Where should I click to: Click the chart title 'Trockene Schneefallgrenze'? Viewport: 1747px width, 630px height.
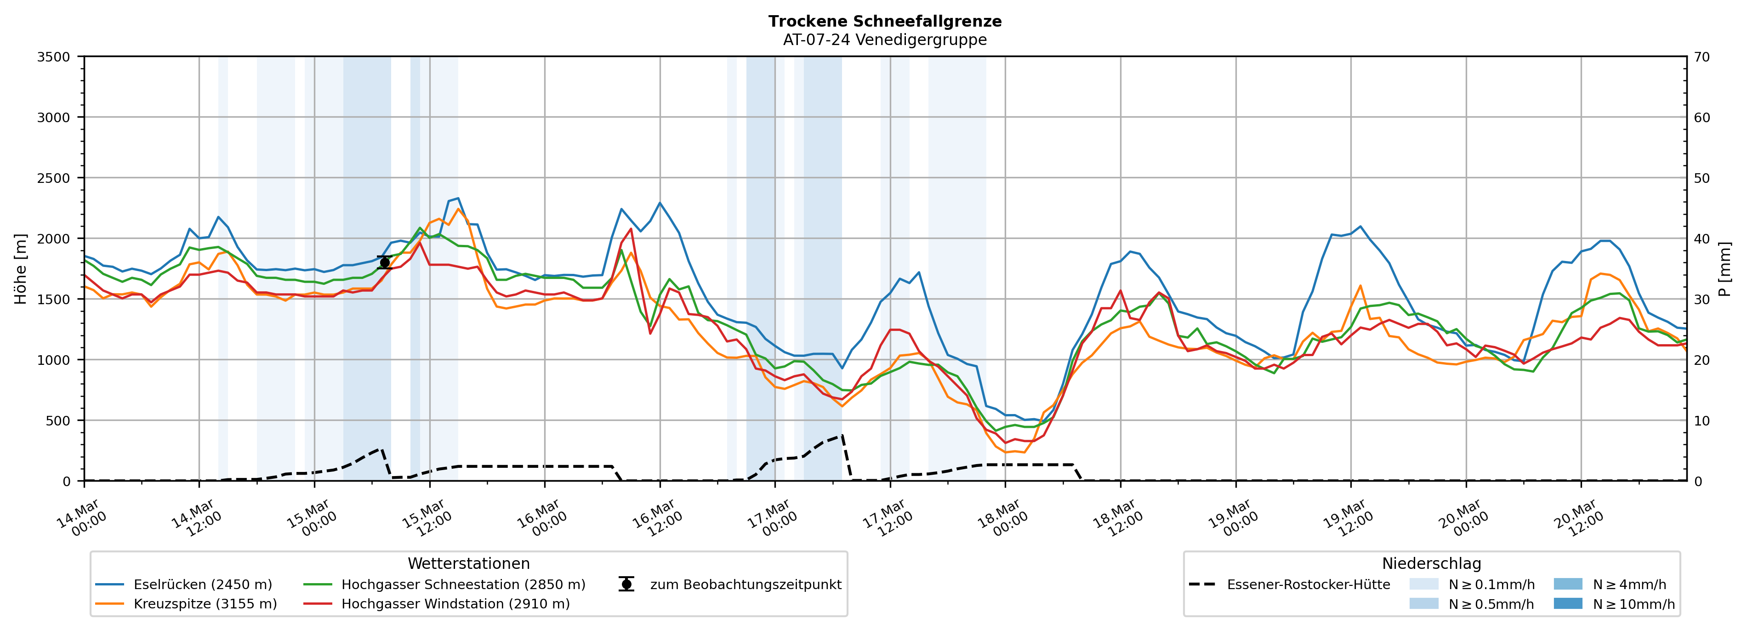pyautogui.click(x=884, y=21)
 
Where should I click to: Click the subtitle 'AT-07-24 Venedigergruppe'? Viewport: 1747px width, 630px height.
pyautogui.click(x=884, y=40)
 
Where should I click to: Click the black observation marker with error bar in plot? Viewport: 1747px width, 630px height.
pyautogui.click(x=385, y=262)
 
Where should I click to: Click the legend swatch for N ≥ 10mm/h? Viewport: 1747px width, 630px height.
pyautogui.click(x=1567, y=603)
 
